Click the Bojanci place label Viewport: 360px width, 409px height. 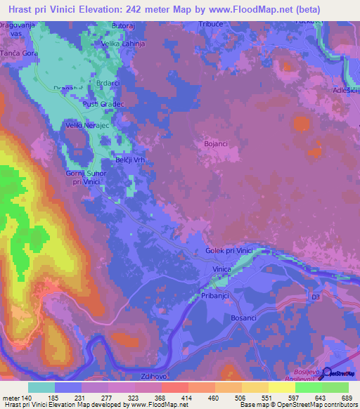coord(216,143)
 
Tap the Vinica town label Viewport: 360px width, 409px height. coord(222,269)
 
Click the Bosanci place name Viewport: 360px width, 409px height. coord(244,318)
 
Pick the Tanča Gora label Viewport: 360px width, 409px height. coord(18,53)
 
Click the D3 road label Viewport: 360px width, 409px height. coord(316,298)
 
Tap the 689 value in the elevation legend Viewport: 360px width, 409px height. coord(346,398)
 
